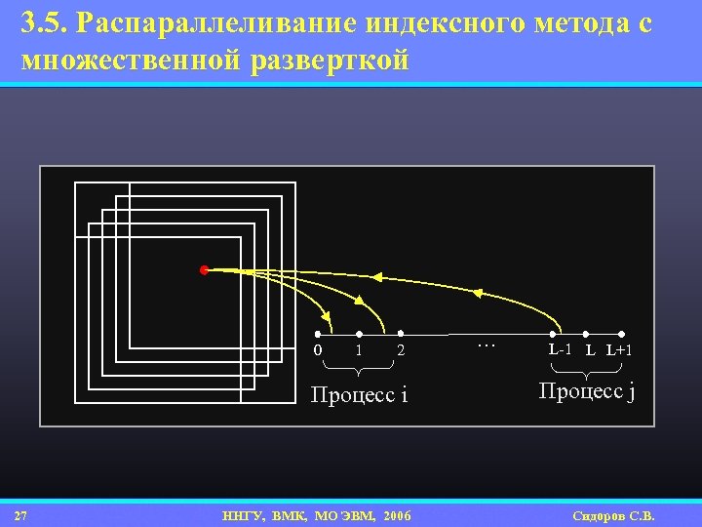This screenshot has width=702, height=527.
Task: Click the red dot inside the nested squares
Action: [x=204, y=269]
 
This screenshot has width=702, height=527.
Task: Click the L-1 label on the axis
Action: [x=561, y=349]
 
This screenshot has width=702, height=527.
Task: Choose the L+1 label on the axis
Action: [x=619, y=349]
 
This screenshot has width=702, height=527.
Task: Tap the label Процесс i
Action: [x=358, y=395]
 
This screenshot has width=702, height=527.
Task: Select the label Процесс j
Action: [x=587, y=391]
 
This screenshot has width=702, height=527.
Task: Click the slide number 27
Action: [x=20, y=515]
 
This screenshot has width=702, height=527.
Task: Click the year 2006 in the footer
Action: [x=397, y=515]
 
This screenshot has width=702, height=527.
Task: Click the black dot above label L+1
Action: [x=621, y=333]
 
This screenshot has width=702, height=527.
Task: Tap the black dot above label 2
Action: [x=401, y=333]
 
